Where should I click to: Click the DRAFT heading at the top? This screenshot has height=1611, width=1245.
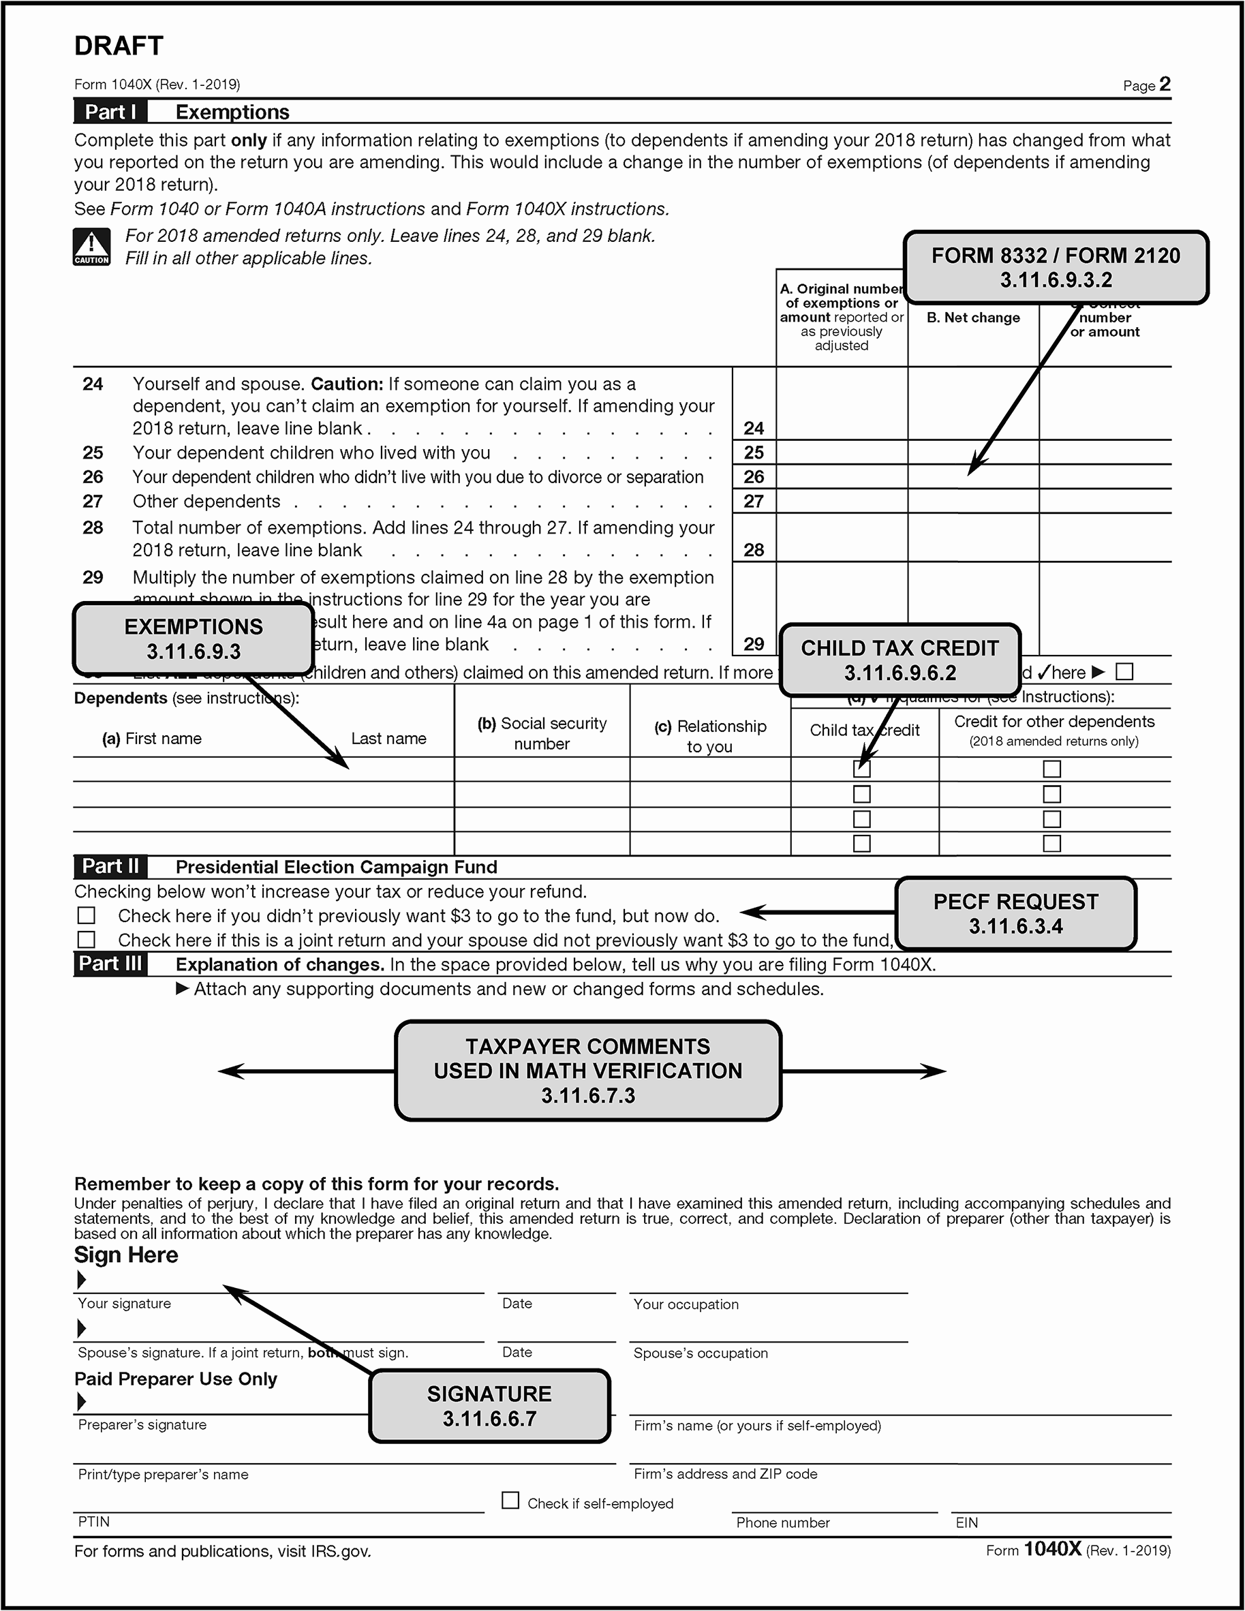[119, 46]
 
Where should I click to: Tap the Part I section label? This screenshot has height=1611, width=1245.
[110, 112]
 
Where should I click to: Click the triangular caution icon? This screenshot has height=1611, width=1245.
[91, 247]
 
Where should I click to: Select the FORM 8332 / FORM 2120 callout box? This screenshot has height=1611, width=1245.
[1056, 268]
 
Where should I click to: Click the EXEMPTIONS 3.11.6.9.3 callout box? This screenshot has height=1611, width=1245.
[194, 639]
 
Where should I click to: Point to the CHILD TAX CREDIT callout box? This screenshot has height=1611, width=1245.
[900, 660]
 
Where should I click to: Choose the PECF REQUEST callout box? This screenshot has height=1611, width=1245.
[1015, 913]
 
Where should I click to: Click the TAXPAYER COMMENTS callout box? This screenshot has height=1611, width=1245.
[588, 1071]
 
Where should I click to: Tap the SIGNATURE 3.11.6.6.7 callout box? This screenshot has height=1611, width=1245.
[490, 1406]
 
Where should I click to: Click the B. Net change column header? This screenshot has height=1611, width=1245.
[973, 318]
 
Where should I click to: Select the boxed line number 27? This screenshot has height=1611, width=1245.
[754, 502]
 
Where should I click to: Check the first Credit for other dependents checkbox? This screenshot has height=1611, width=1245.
[1051, 769]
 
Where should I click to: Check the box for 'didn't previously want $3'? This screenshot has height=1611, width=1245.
[87, 915]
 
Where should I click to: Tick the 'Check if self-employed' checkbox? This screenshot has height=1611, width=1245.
[510, 1501]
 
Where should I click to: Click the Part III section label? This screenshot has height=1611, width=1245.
[110, 964]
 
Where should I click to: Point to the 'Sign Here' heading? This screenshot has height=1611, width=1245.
[126, 1255]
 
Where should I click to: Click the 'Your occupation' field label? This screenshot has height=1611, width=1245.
[686, 1304]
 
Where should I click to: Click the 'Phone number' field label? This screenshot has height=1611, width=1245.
[782, 1522]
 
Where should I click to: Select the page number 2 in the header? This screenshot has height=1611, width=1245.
[1165, 84]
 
